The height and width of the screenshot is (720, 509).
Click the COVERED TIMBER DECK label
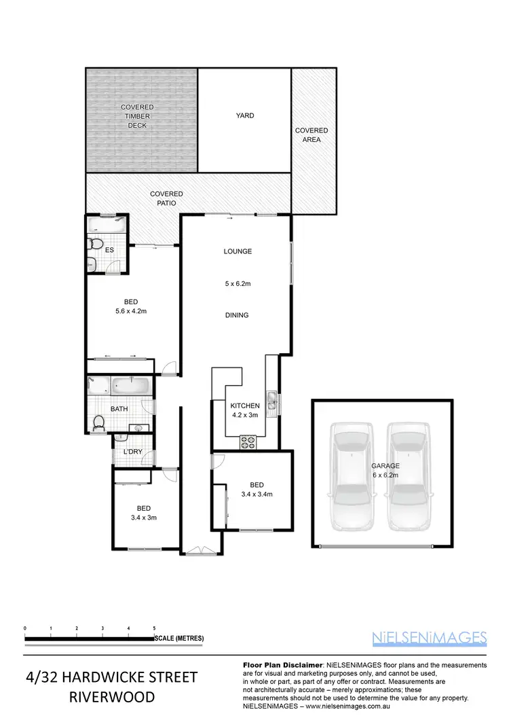pyautogui.click(x=137, y=116)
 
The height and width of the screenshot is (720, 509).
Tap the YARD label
pyautogui.click(x=245, y=115)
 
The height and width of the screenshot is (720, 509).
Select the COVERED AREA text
pyautogui.click(x=312, y=134)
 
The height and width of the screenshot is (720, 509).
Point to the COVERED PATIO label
pyautogui.click(x=167, y=198)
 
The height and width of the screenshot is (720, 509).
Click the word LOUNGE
pyautogui.click(x=238, y=251)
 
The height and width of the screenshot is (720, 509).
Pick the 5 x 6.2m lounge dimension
pyautogui.click(x=238, y=284)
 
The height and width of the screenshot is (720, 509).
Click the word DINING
pyautogui.click(x=238, y=315)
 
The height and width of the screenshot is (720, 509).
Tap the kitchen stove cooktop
pyautogui.click(x=248, y=442)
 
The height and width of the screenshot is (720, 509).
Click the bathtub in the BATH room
pyautogui.click(x=131, y=386)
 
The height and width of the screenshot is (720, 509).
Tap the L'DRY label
pyautogui.click(x=132, y=452)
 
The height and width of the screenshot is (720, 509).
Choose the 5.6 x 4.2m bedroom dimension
pyautogui.click(x=131, y=311)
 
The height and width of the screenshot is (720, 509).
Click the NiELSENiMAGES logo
pyautogui.click(x=430, y=637)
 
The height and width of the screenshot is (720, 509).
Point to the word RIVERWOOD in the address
pyautogui.click(x=111, y=698)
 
